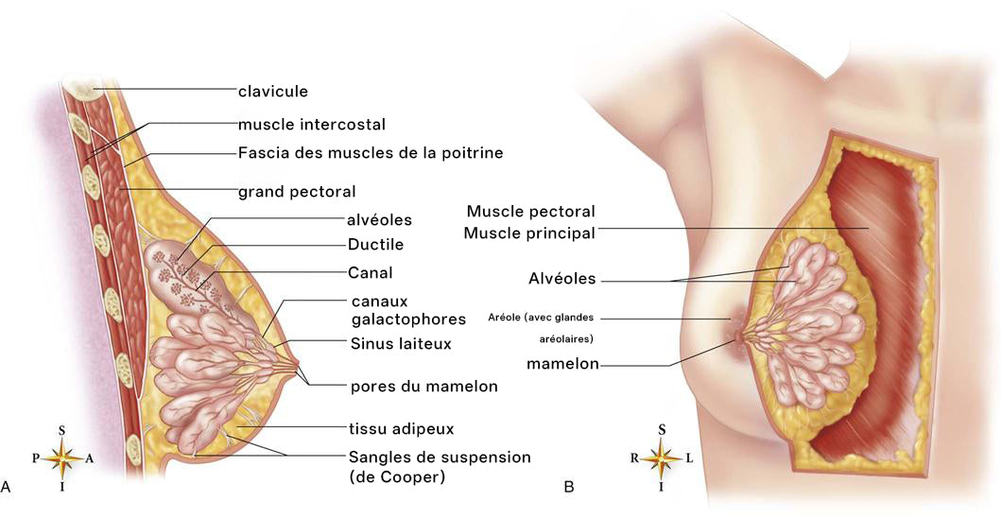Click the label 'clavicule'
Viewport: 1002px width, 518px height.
(273, 92)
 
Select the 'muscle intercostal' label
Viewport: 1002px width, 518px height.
(312, 124)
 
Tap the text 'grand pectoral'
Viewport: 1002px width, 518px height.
(297, 192)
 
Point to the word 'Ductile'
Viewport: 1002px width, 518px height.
(376, 245)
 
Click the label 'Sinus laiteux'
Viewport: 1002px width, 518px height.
(401, 344)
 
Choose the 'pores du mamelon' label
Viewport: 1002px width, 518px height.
(423, 387)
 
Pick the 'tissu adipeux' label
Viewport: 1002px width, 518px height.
(402, 428)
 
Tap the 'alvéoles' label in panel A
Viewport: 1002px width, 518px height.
(380, 220)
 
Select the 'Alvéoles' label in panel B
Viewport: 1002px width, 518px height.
(561, 279)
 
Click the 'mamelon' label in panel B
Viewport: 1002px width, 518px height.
(562, 364)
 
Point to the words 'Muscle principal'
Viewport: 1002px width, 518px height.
(529, 233)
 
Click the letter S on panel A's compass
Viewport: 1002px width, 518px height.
(62, 430)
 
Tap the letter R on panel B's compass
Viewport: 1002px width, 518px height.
(634, 458)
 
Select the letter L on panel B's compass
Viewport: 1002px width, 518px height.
(689, 458)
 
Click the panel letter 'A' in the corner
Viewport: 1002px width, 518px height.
(6, 487)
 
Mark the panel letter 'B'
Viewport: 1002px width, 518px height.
(569, 487)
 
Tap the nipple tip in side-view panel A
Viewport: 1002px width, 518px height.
(297, 365)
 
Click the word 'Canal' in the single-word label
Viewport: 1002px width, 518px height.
(370, 273)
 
